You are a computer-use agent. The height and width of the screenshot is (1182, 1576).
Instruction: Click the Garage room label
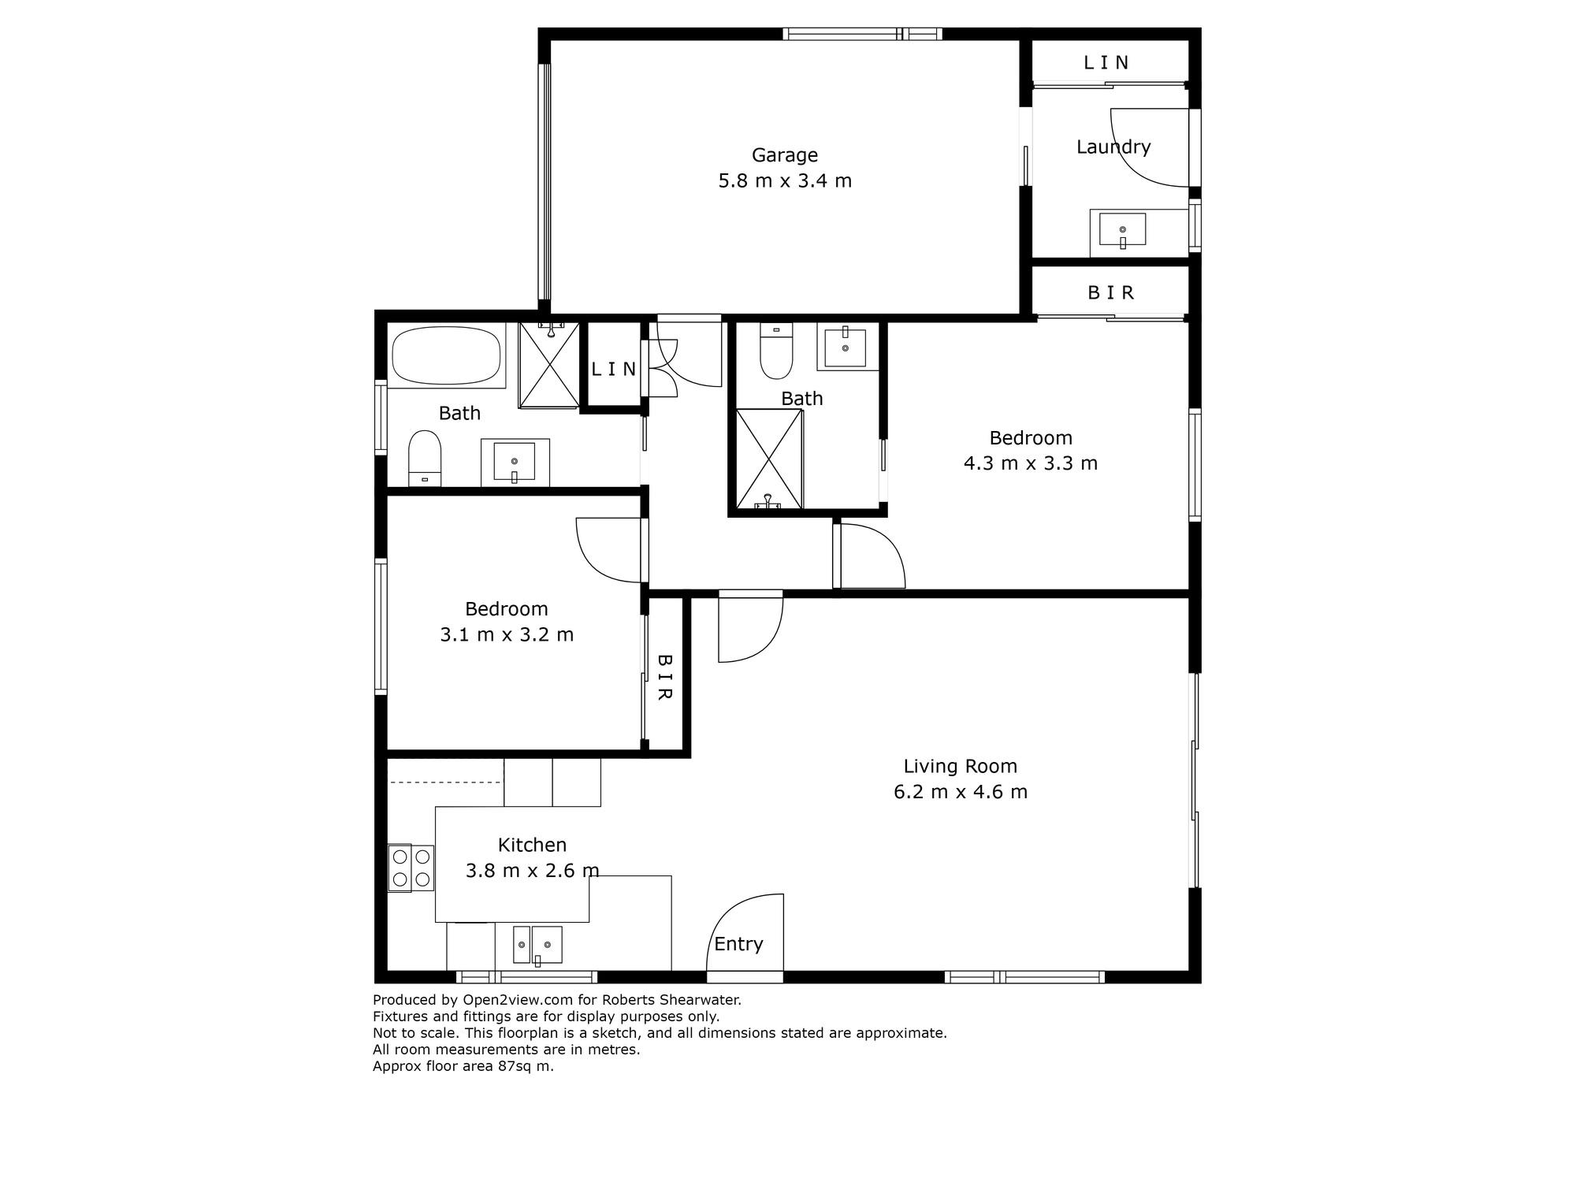click(x=784, y=155)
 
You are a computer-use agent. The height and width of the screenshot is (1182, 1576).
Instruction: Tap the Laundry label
click(x=1113, y=147)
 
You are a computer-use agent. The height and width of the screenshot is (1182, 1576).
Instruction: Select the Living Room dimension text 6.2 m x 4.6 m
click(x=961, y=792)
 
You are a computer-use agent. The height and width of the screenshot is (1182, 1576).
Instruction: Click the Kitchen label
click(x=532, y=845)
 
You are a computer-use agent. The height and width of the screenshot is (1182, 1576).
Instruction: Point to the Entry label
click(x=738, y=944)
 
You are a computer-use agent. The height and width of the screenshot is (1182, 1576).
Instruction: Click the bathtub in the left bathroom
click(x=447, y=356)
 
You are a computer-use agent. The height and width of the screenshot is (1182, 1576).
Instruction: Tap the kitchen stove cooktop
click(x=411, y=868)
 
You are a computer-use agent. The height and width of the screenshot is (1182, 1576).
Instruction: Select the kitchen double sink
click(x=537, y=945)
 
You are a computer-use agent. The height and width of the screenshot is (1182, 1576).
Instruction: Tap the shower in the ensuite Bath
click(x=769, y=459)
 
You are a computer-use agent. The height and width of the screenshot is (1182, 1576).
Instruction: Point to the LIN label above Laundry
click(x=1106, y=63)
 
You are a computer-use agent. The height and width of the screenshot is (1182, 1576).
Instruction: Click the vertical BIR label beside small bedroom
click(x=664, y=677)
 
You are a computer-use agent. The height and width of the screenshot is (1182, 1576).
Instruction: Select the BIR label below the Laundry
click(x=1111, y=293)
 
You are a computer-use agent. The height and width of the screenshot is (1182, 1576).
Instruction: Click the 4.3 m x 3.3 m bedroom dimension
click(x=1031, y=463)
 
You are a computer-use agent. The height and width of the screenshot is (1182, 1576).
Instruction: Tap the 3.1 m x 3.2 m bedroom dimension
click(x=507, y=634)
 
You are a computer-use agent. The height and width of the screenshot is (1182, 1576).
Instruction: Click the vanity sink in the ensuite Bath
click(x=846, y=348)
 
